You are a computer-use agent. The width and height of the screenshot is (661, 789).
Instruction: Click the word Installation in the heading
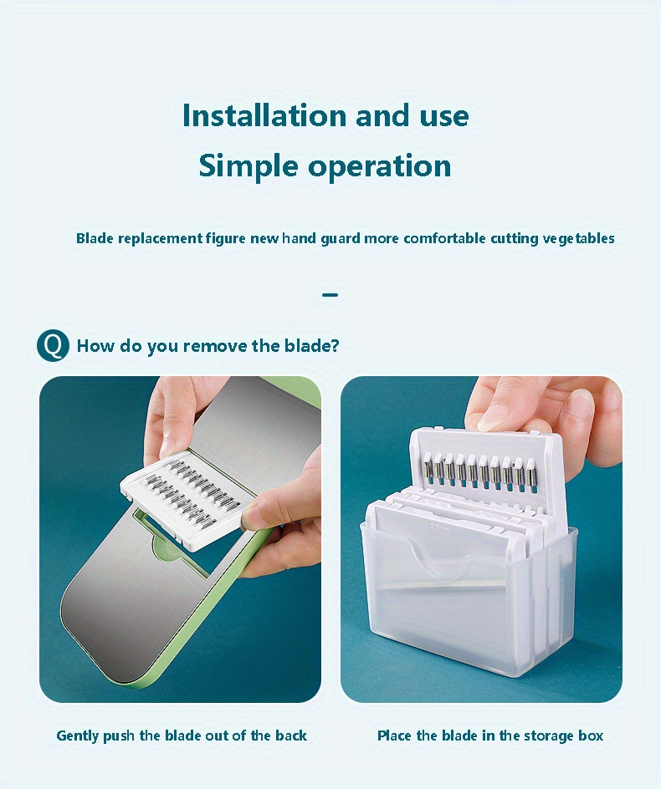click(x=264, y=115)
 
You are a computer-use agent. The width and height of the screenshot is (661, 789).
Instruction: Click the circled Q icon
click(x=53, y=345)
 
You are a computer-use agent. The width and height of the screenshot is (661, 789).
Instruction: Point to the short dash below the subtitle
click(x=330, y=294)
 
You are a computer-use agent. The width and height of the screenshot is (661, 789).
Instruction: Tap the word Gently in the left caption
click(x=77, y=736)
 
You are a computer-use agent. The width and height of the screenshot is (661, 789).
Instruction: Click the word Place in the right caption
click(x=394, y=736)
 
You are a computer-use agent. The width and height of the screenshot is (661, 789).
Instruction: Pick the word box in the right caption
click(x=591, y=736)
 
